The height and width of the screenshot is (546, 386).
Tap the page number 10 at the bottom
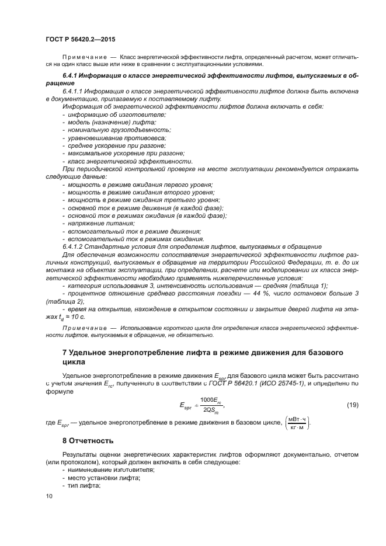click(x=49, y=496)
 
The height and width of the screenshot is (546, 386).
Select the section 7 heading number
click(x=65, y=353)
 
